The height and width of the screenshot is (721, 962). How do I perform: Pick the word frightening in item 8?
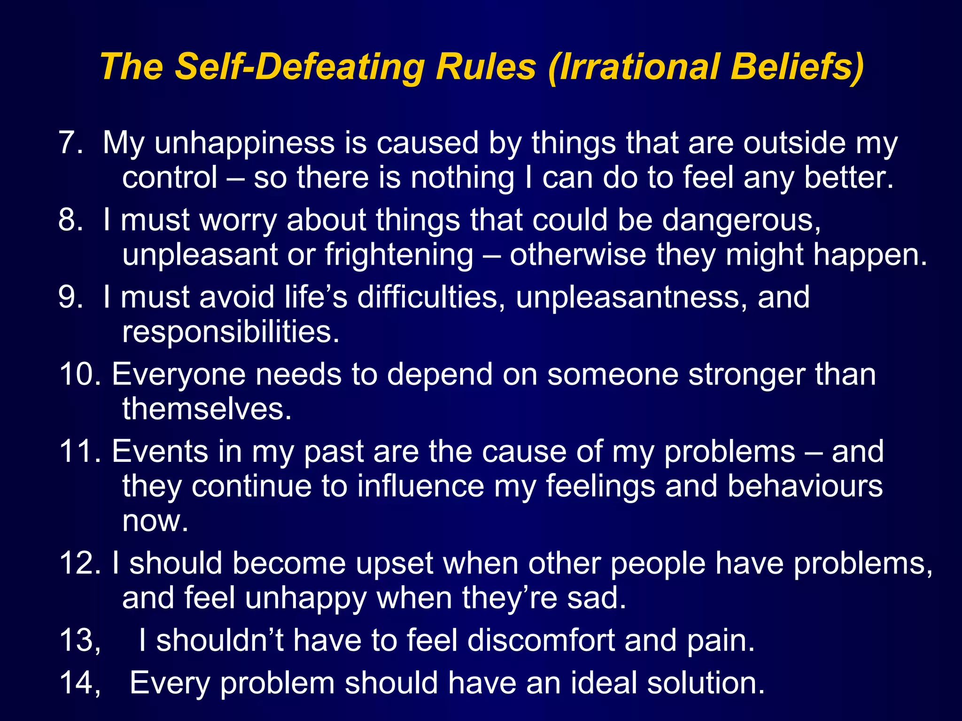point(399,255)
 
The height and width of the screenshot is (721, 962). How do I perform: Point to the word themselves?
point(207,408)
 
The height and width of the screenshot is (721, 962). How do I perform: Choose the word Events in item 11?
point(160,452)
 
